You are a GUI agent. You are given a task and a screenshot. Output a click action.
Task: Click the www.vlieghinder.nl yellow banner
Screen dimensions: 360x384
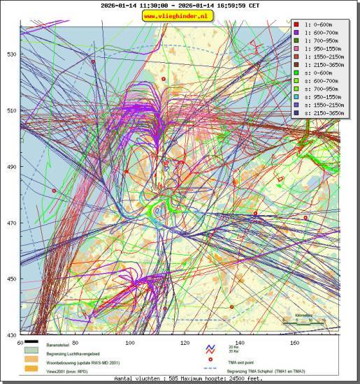[x=180, y=15]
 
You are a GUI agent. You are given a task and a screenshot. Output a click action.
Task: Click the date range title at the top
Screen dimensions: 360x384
[x=180, y=5]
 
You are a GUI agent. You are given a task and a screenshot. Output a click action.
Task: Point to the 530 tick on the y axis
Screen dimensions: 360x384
[x=12, y=54]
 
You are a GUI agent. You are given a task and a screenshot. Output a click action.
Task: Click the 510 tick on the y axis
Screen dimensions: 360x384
[x=12, y=110]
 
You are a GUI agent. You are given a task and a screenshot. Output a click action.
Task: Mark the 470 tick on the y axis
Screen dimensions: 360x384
[x=12, y=223]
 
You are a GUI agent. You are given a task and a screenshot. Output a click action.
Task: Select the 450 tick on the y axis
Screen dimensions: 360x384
[x=12, y=279]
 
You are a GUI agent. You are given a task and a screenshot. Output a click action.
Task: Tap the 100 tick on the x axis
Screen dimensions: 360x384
[x=130, y=343]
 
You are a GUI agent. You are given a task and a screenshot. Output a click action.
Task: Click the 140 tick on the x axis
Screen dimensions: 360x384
[x=240, y=343]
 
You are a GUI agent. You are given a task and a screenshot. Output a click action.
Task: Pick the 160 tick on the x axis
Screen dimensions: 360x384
[x=295, y=343]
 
